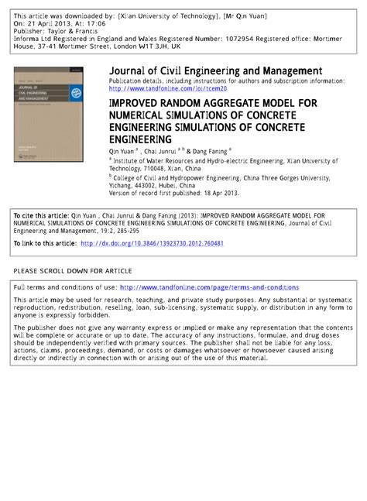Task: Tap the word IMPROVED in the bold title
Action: [135, 101]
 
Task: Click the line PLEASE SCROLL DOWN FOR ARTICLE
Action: [73, 271]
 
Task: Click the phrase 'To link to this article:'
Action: [45, 243]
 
